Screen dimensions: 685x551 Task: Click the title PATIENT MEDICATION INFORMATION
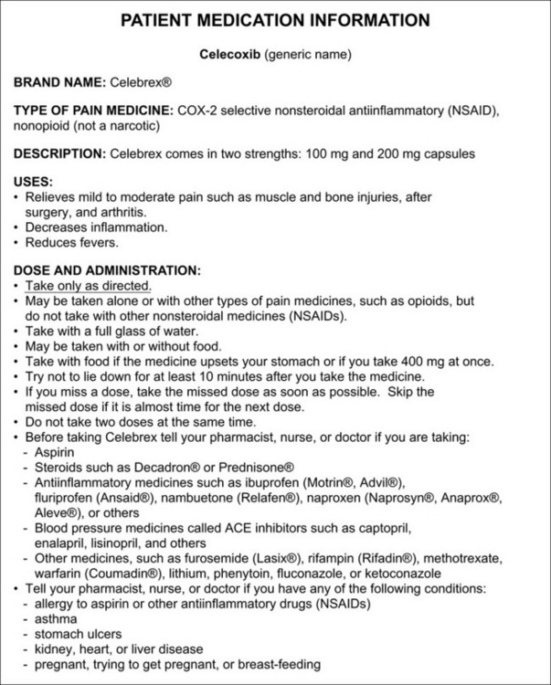tap(275, 20)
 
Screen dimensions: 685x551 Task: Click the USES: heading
tap(33, 183)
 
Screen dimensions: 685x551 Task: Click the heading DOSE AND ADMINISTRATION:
tap(107, 270)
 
